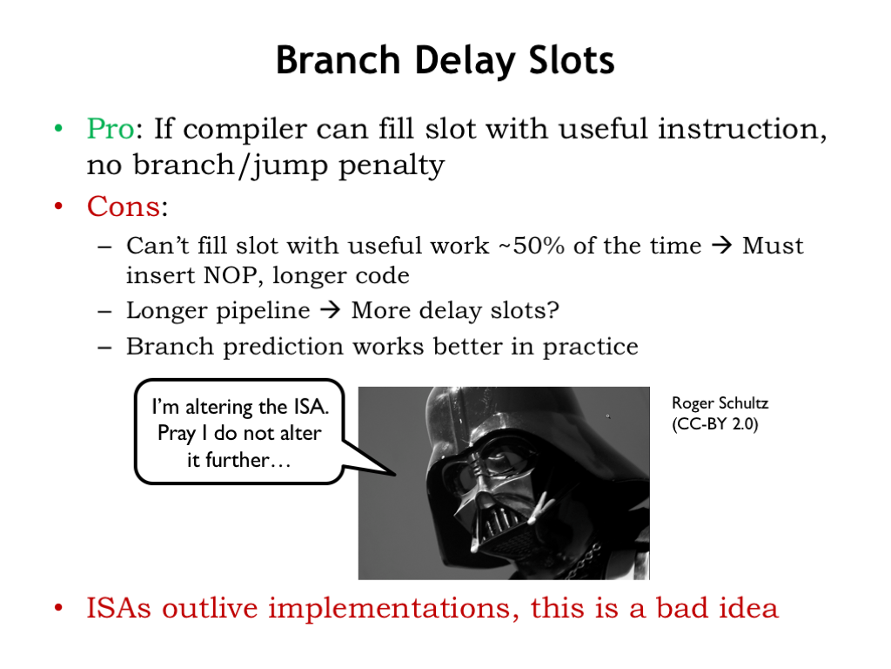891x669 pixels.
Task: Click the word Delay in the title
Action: pos(466,61)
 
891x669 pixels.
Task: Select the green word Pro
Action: pos(111,128)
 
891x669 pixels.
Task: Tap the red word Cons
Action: pos(124,206)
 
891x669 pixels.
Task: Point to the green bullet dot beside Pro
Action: pos(58,128)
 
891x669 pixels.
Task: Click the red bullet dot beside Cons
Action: pos(58,206)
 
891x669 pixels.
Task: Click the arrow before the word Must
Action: pos(721,246)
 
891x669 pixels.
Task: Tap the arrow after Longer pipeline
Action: pos(331,311)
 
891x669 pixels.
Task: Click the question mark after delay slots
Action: pos(553,310)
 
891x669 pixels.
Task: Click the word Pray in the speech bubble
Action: pos(176,434)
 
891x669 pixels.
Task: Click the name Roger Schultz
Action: pos(720,403)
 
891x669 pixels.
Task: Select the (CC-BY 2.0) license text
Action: pos(715,424)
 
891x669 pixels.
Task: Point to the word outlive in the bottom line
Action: pos(209,607)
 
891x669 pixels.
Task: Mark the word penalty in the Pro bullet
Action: pos(392,166)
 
